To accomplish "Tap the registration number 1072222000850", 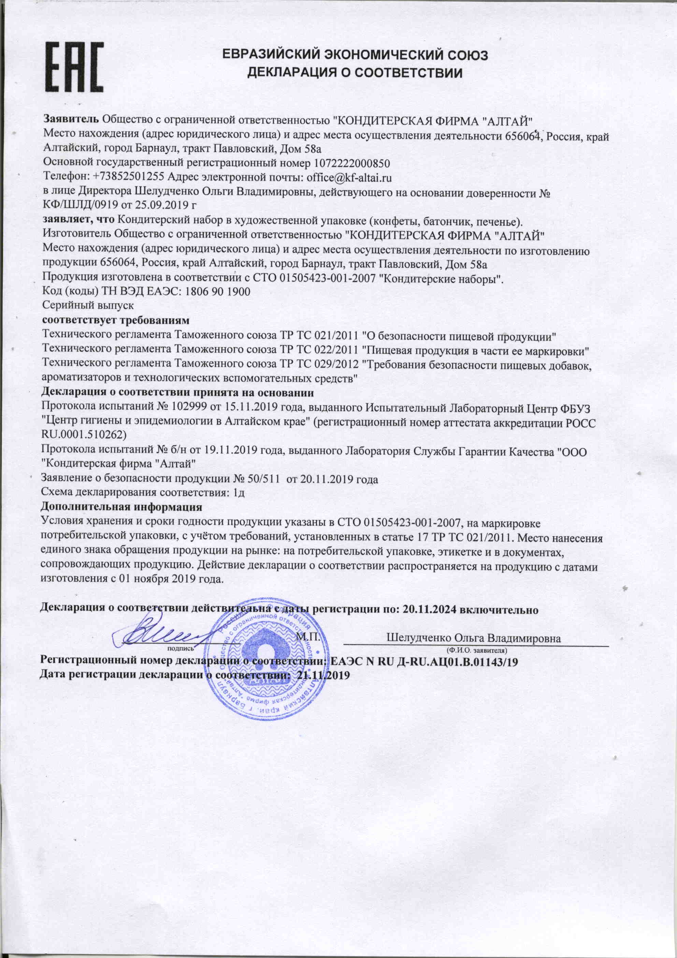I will (351, 163).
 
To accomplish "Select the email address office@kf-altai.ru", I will (349, 177).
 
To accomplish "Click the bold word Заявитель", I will (71, 120).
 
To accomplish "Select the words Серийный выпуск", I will (88, 305).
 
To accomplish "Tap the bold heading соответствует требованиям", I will (116, 320).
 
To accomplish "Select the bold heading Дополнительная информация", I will (121, 507).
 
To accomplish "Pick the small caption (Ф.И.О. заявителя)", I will (477, 650).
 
